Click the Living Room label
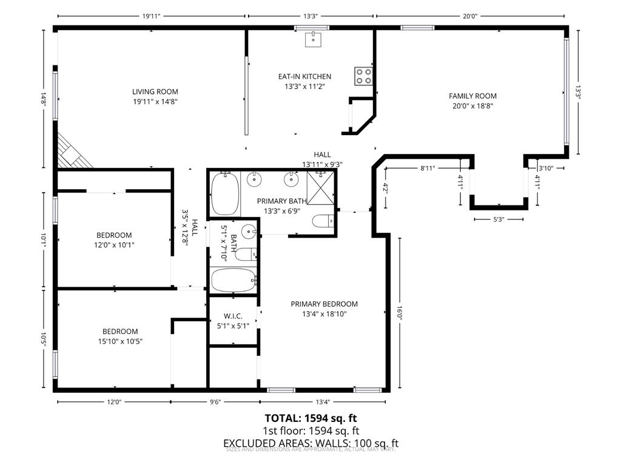click(x=155, y=92)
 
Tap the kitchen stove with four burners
click(x=363, y=76)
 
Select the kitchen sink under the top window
click(x=313, y=40)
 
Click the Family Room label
click(x=472, y=96)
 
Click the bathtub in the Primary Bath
click(x=224, y=193)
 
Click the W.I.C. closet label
click(x=233, y=316)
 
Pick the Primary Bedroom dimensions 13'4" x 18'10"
click(x=324, y=314)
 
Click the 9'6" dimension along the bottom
click(x=215, y=401)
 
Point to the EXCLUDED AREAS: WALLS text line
click(x=310, y=443)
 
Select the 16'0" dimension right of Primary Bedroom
click(x=400, y=314)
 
